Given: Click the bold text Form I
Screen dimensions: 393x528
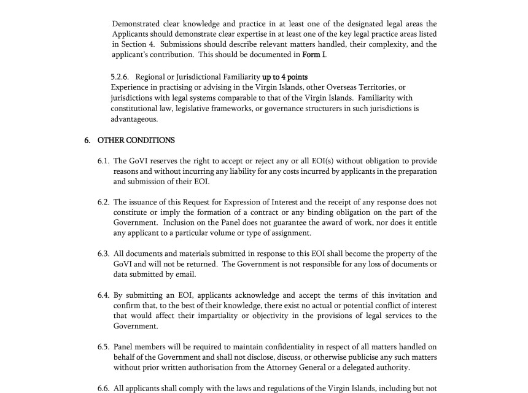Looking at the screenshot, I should coord(314,55).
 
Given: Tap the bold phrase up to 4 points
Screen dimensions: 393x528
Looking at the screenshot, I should coord(285,77).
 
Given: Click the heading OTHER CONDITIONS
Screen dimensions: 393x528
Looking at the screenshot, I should coord(136,140).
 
